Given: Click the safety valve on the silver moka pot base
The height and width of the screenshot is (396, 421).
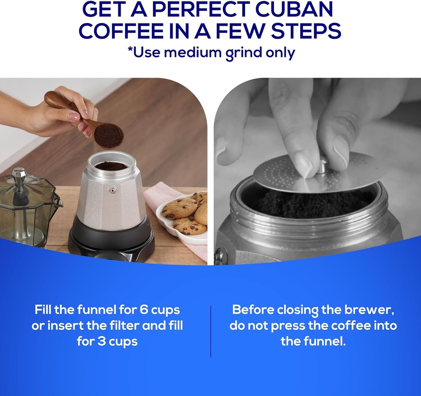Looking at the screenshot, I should point(112,190).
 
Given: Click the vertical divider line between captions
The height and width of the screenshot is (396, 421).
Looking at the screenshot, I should point(210,331).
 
